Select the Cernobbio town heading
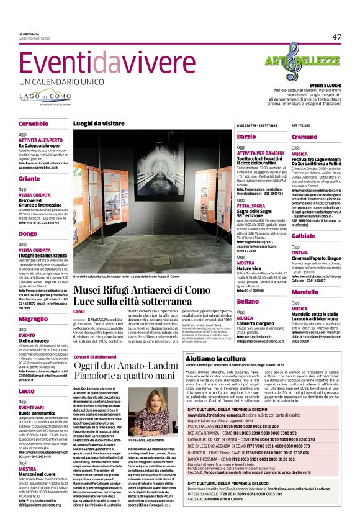pos(33,124)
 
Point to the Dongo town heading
pos(28,233)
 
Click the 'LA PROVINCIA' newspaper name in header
pos(29,34)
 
